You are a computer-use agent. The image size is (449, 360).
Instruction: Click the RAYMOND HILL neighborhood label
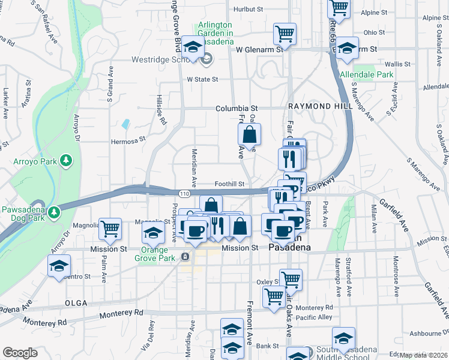318,106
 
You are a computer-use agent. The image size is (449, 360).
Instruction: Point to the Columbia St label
237,109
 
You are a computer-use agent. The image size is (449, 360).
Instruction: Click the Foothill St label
230,184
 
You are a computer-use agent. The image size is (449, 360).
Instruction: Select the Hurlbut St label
249,10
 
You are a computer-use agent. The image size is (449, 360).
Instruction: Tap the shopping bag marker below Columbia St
249,134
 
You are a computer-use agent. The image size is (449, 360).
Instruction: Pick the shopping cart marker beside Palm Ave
110,229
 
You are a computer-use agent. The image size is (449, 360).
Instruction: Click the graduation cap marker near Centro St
59,265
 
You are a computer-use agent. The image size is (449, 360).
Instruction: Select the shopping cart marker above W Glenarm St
285,34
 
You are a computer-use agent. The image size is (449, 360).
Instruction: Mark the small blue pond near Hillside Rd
125,124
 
